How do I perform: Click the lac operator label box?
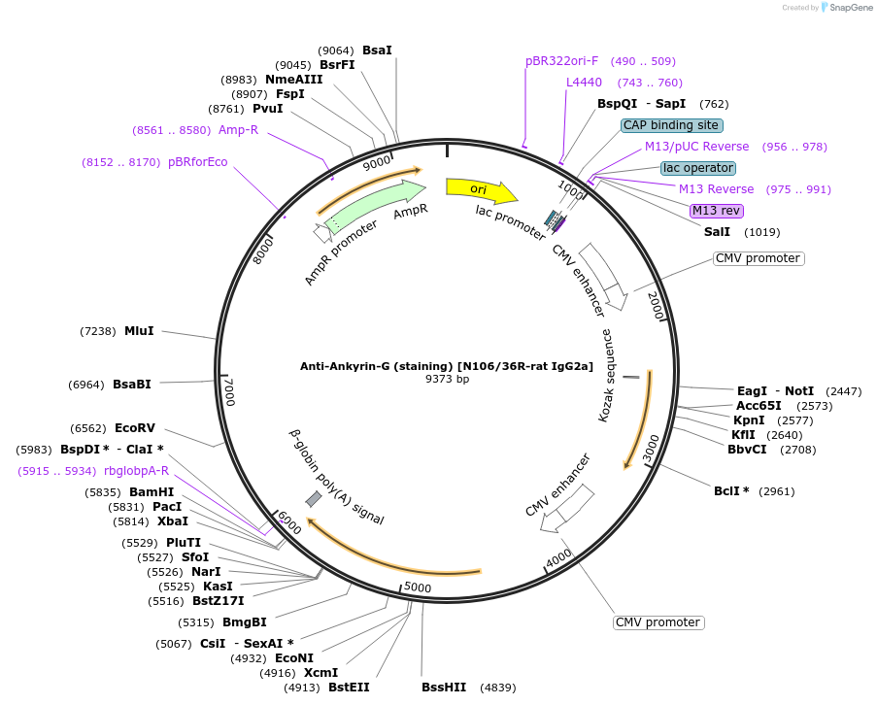click(x=697, y=168)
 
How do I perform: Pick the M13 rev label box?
click(x=716, y=211)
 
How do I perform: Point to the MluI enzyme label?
click(x=139, y=331)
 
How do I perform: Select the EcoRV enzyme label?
click(x=135, y=428)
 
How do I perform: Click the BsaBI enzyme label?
click(x=132, y=385)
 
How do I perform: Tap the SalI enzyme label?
click(x=717, y=232)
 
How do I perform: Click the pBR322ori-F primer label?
click(x=562, y=61)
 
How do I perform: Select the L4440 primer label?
click(x=585, y=83)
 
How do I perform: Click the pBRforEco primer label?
click(x=198, y=162)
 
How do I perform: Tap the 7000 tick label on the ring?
click(x=229, y=391)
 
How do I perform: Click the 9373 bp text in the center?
click(x=447, y=379)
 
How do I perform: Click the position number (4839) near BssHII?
click(x=495, y=688)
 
